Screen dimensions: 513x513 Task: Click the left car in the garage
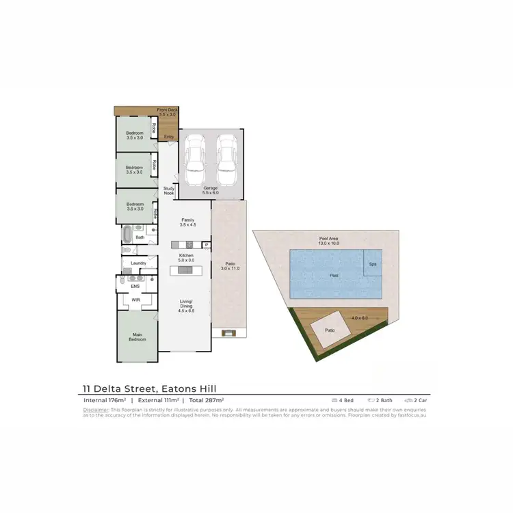point(196,155)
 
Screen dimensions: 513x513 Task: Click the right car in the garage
point(226,155)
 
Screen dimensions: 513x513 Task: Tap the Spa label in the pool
point(373,263)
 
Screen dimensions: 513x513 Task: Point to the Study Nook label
point(169,191)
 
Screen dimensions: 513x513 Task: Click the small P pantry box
point(205,245)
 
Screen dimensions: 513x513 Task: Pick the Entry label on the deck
point(168,137)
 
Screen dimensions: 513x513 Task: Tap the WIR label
point(137,299)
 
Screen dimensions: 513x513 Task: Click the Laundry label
point(140,263)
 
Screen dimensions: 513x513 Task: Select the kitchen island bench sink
point(185,270)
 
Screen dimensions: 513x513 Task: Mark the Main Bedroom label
point(137,337)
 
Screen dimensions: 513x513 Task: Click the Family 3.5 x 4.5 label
point(187,222)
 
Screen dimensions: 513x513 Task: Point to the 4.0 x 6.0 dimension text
point(360,318)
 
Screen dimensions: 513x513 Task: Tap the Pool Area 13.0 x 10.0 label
point(329,241)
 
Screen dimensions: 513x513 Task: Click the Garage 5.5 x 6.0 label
point(211,189)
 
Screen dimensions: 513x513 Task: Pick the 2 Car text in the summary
point(419,399)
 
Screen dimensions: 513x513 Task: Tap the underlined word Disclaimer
point(96,410)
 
